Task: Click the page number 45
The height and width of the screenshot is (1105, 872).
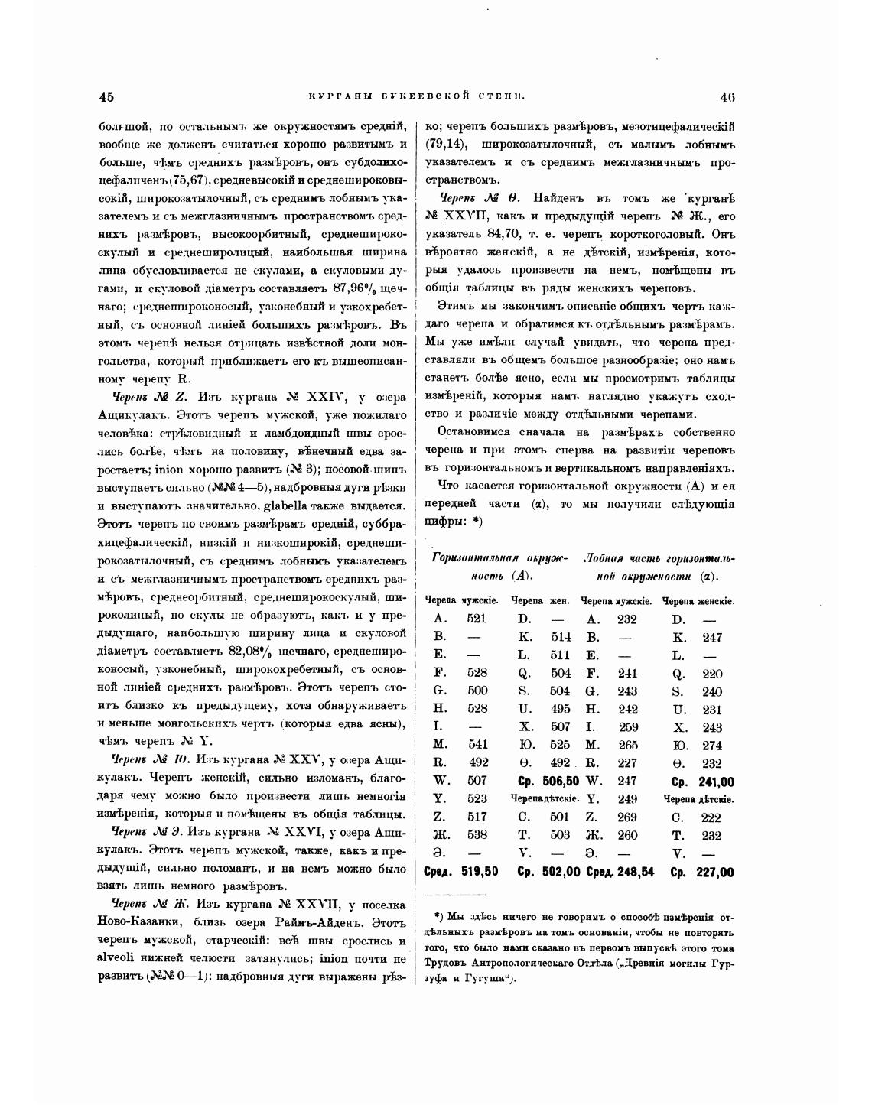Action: point(106,96)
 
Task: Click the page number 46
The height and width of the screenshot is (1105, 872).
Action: point(727,96)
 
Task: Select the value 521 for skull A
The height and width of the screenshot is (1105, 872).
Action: point(477,619)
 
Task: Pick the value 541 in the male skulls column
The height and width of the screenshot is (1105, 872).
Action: point(477,745)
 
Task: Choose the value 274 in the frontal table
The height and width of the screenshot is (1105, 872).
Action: point(712,745)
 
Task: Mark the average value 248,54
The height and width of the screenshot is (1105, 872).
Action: point(636,872)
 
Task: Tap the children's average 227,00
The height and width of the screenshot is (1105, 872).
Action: point(716,872)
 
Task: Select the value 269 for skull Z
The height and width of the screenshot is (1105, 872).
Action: point(627,817)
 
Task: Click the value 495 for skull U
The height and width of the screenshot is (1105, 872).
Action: point(561,709)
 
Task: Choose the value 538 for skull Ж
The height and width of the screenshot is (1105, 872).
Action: point(477,834)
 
